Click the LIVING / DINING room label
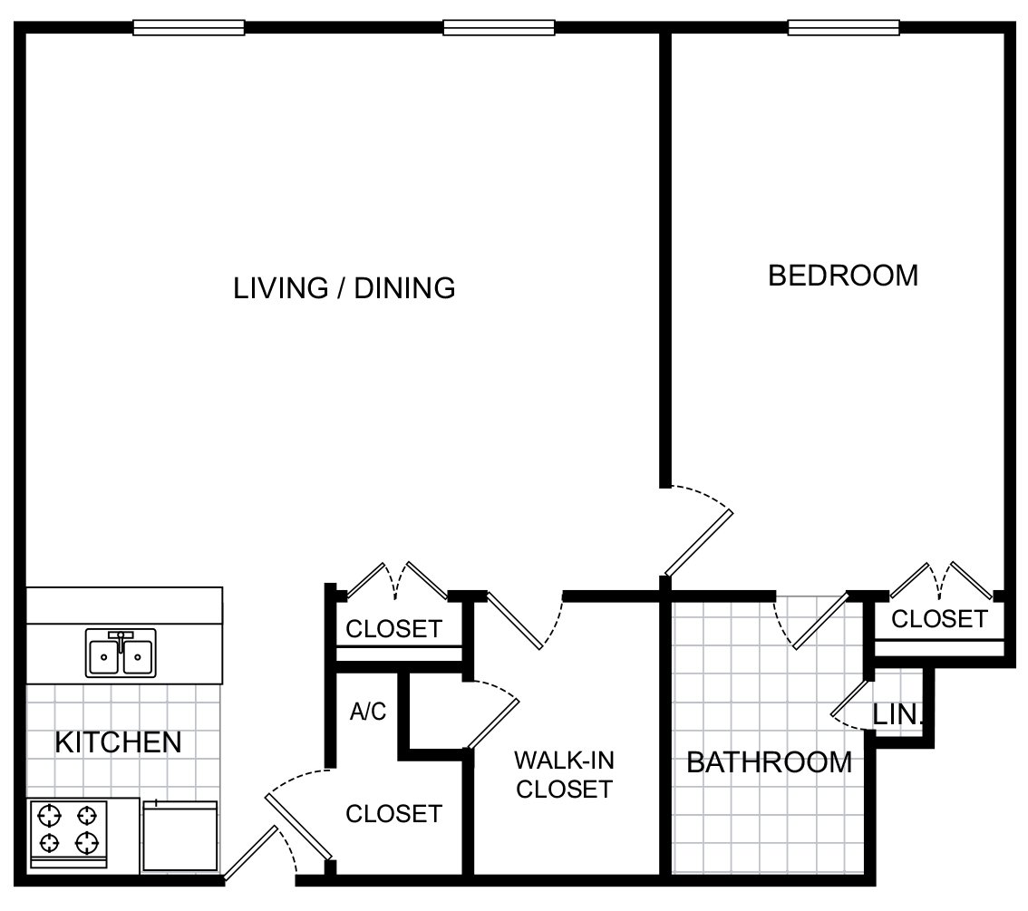coord(344,288)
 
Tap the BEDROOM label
coord(843,276)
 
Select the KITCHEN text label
coord(118,742)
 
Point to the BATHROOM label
coord(769,762)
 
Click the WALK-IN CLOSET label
coord(564,775)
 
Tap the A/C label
coord(368,711)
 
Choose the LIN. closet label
coord(897,714)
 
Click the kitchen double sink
coord(121,653)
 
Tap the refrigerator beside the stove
coord(179,837)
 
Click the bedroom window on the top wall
coord(843,27)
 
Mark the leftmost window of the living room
coord(189,27)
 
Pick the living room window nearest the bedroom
coord(499,27)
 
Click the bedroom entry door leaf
coord(699,543)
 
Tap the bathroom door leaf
coord(821,621)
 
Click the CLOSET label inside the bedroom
coord(939,619)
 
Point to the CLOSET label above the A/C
coord(393,628)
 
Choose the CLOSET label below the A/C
coord(393,813)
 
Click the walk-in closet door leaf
coord(513,621)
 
